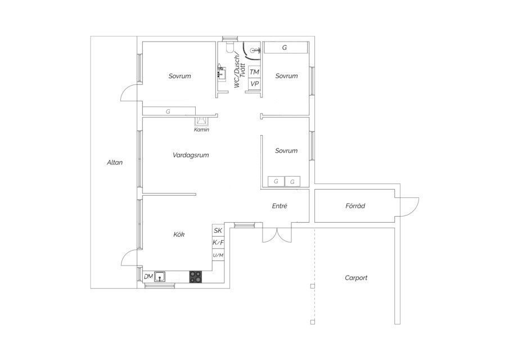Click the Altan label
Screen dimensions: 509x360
click(115, 163)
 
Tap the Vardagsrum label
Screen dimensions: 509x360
click(191, 155)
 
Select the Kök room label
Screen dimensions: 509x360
click(179, 234)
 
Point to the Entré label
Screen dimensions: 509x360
click(280, 206)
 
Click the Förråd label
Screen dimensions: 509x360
click(355, 206)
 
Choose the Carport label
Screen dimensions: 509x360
click(356, 278)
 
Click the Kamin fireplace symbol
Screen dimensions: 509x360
click(201, 121)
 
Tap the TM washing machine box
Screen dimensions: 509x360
click(254, 72)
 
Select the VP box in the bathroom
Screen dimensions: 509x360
click(254, 83)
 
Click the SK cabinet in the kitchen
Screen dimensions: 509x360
click(218, 230)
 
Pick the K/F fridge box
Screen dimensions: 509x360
click(218, 242)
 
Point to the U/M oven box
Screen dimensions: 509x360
click(218, 255)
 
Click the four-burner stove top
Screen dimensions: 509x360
click(195, 277)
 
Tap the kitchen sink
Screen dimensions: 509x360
click(160, 277)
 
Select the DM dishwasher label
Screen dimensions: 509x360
click(148, 277)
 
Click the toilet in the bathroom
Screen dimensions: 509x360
click(230, 47)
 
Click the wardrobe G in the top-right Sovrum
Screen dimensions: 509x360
click(285, 47)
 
